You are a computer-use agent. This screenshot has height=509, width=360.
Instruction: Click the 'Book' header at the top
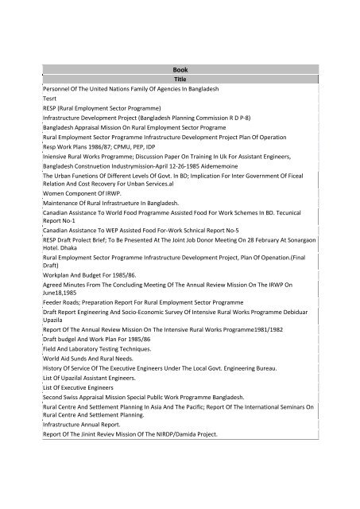[180, 69]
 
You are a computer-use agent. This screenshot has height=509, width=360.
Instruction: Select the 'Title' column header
[180, 80]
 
